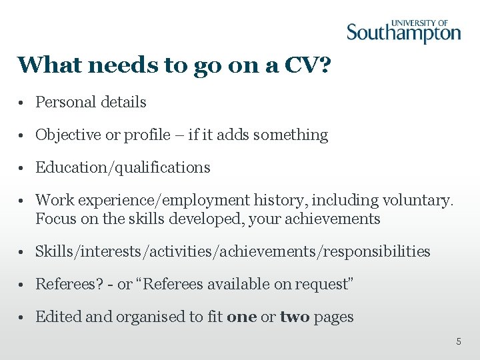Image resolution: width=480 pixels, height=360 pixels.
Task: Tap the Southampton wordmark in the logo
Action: pyautogui.click(x=403, y=33)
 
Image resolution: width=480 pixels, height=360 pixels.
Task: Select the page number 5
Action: pyautogui.click(x=458, y=341)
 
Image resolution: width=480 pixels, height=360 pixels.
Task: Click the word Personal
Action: pyautogui.click(x=62, y=102)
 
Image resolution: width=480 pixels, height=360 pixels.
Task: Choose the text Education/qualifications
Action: pyautogui.click(x=123, y=167)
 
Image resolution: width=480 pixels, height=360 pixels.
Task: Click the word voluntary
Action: pyautogui.click(x=418, y=200)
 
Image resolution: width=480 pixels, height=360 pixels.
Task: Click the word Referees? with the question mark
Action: pyautogui.click(x=69, y=284)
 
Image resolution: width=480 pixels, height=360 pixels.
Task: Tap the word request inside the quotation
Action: pyautogui.click(x=323, y=284)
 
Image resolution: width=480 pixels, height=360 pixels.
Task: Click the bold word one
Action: pyautogui.click(x=241, y=317)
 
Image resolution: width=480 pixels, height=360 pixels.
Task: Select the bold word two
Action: pyautogui.click(x=295, y=317)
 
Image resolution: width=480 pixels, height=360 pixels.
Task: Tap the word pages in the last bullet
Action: pyautogui.click(x=333, y=317)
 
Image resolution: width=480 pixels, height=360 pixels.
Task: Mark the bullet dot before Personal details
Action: pyautogui.click(x=23, y=103)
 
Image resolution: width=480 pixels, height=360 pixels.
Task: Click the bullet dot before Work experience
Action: pyautogui.click(x=23, y=201)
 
